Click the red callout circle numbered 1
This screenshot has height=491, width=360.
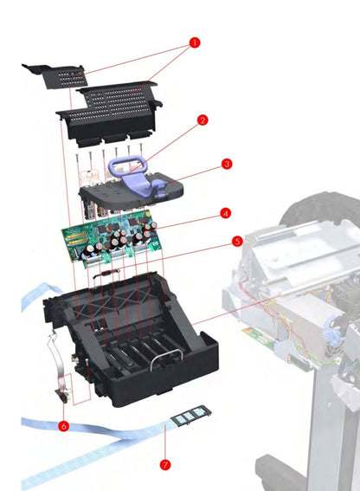pyautogui.click(x=194, y=42)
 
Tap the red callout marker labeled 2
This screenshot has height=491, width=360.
pyautogui.click(x=202, y=121)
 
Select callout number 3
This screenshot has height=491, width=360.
pyautogui.click(x=226, y=163)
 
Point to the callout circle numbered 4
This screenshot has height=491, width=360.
pyautogui.click(x=224, y=212)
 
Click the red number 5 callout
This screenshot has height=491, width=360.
pyautogui.click(x=236, y=243)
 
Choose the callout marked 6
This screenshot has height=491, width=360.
pyautogui.click(x=64, y=426)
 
